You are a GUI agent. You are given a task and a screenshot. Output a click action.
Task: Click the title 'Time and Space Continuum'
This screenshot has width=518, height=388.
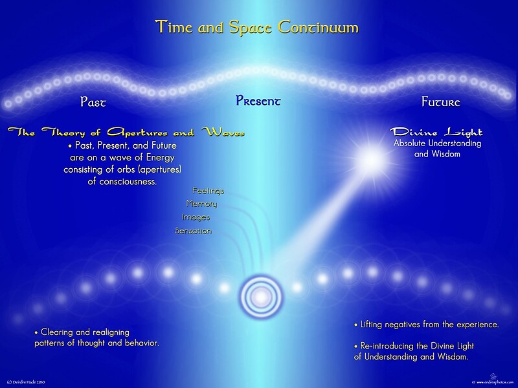256,27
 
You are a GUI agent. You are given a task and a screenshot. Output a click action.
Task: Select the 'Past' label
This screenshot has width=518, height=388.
93,102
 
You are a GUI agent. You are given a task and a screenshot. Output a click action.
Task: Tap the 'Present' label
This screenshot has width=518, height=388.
258,101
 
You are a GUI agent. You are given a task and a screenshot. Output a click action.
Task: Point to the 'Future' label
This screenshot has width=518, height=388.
440,102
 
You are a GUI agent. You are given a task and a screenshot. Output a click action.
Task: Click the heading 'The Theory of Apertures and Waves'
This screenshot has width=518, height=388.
126,133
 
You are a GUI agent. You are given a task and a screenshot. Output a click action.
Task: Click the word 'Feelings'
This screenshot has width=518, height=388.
208,190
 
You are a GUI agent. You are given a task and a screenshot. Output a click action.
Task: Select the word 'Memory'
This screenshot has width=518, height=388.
201,204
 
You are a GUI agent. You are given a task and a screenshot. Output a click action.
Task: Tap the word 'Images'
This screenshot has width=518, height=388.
196,217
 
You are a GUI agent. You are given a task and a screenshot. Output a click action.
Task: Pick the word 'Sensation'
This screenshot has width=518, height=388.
193,231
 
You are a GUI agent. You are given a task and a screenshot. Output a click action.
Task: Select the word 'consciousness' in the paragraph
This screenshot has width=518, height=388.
122,182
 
